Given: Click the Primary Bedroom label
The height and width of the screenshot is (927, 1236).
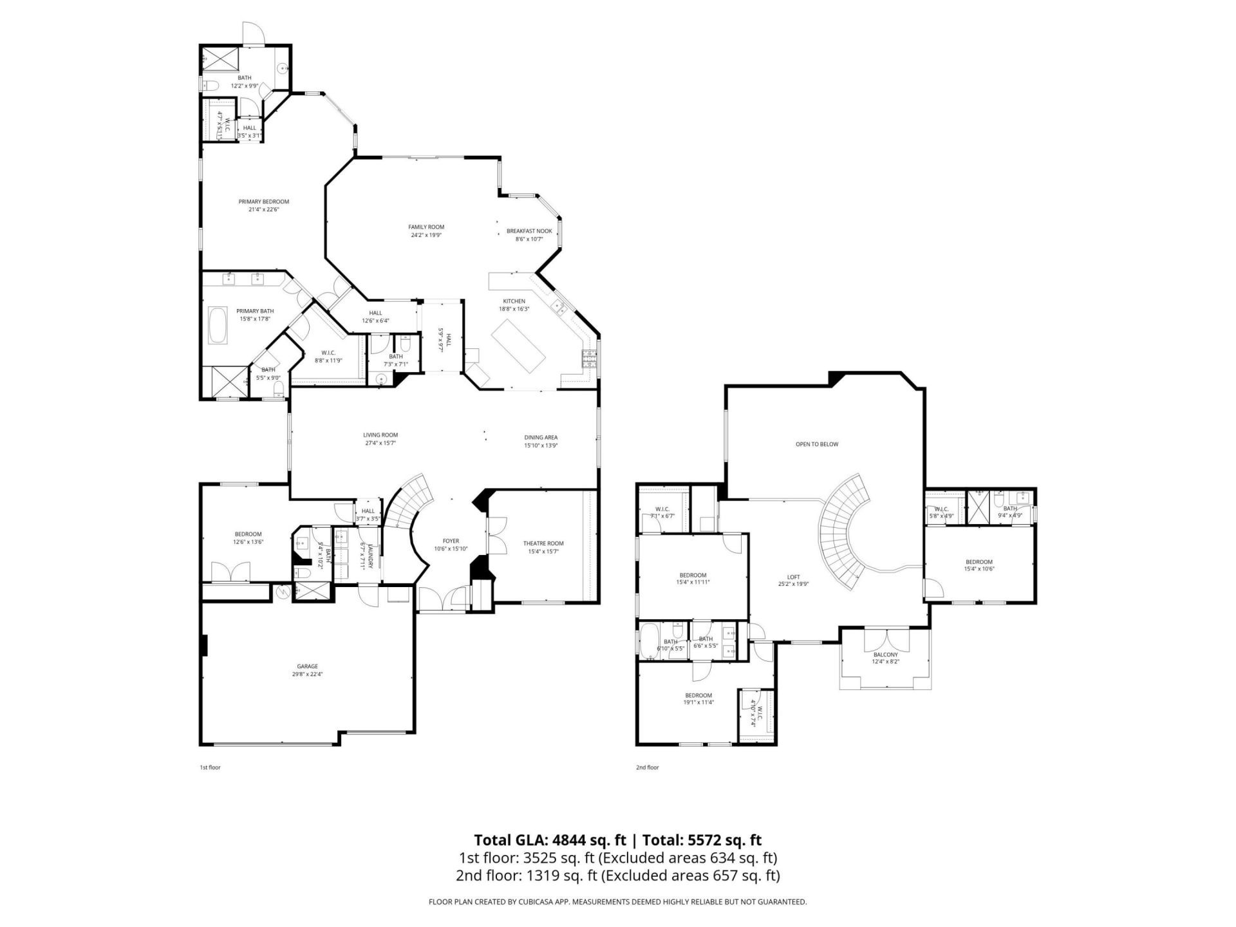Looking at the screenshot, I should pos(263,201).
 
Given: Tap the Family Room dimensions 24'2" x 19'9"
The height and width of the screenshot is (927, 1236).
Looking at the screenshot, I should pos(426,236).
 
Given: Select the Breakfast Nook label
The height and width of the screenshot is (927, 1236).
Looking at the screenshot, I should pos(529,231).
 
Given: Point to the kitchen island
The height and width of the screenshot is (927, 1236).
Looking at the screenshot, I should pos(518,346).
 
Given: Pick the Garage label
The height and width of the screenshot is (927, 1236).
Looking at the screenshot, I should pos(307,666).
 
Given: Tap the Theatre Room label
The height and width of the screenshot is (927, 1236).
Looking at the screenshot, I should pos(543,543).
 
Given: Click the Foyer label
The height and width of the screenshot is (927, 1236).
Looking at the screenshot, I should pos(451,541).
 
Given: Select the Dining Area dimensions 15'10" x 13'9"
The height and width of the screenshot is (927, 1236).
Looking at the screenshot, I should pos(541,445).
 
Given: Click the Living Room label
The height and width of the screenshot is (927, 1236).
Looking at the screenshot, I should pos(380,435).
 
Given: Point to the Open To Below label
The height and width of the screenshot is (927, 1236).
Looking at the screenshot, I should pos(817,444).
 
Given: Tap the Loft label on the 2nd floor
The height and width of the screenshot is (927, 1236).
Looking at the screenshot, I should pos(793,577).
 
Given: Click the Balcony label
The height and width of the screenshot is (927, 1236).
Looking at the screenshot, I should pos(886,655).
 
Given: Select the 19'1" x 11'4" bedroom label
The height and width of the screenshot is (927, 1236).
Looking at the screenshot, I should pos(698,695).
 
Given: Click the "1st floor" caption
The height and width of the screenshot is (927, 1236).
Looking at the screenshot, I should pos(210,767).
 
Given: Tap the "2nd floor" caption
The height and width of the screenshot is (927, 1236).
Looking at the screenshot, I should pos(648,767).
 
